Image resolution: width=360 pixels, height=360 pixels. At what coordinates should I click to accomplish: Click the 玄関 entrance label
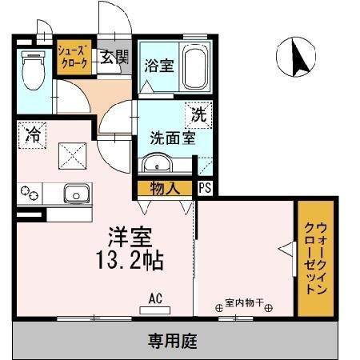[114, 58]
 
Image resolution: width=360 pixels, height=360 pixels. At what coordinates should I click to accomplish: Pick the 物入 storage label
[165, 189]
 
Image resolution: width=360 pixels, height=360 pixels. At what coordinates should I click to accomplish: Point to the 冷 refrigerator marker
[33, 134]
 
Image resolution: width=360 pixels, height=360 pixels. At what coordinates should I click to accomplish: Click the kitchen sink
[76, 194]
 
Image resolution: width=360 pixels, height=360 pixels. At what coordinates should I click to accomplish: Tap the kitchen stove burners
[30, 193]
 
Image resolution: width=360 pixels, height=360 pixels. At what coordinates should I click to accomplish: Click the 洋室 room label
[133, 237]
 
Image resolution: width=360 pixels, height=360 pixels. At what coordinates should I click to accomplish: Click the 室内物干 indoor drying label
[243, 303]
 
